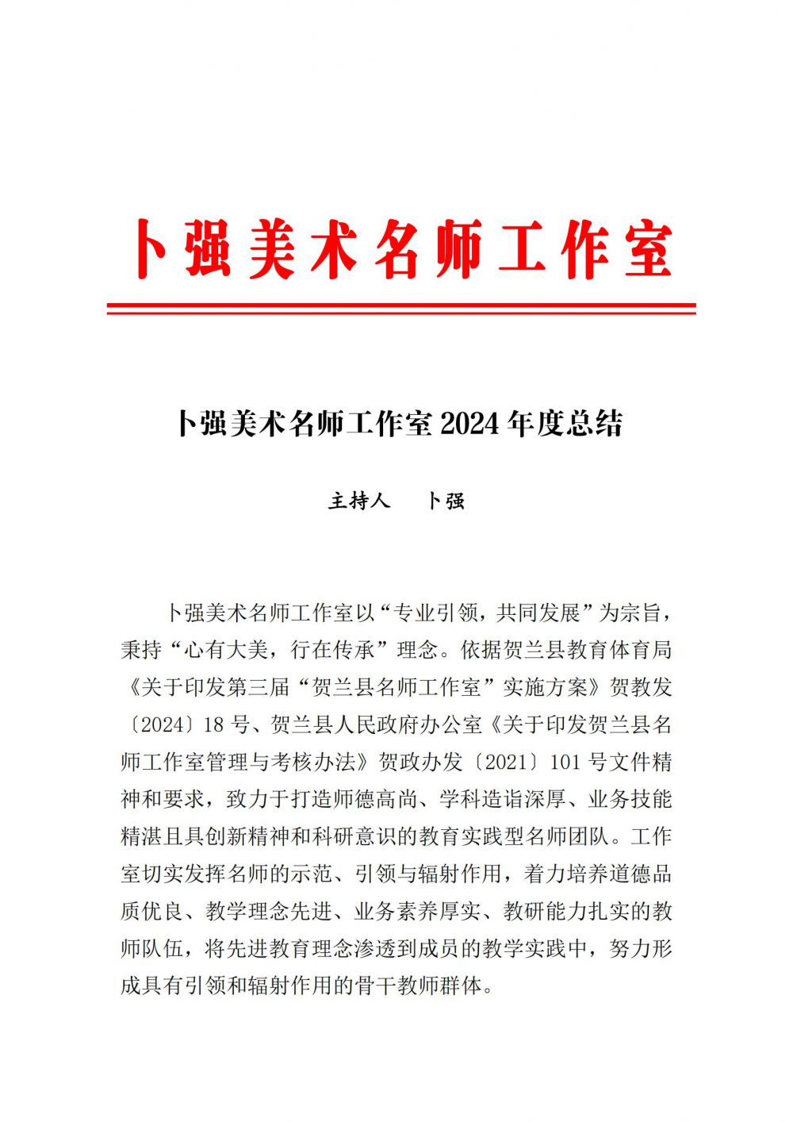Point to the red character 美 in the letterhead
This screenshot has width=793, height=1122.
(273, 249)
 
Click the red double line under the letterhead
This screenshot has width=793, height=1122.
(401, 309)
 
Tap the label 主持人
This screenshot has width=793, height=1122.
(359, 501)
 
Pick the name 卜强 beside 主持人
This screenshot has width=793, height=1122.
(446, 501)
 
